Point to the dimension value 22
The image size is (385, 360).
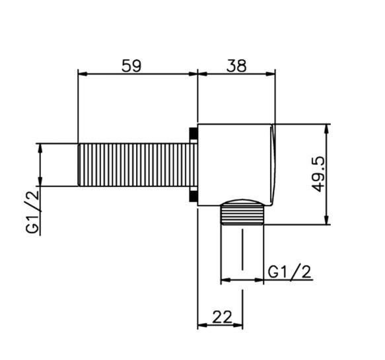pos(222,317)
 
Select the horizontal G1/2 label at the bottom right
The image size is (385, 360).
pos(290,271)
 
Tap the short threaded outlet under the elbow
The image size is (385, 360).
pos(242,215)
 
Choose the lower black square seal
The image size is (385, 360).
pos(193,196)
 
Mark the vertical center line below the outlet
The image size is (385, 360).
pos(242,251)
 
